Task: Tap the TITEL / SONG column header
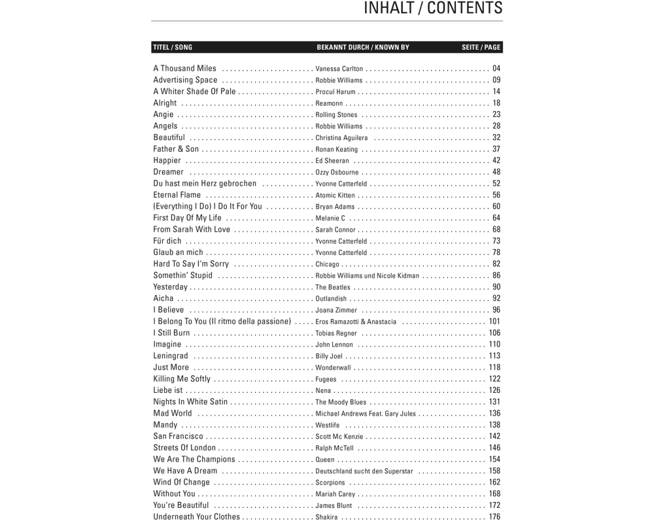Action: click(x=173, y=47)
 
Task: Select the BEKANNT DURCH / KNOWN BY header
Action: click(x=363, y=47)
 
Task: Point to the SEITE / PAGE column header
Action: click(x=481, y=47)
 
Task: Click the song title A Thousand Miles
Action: click(x=184, y=68)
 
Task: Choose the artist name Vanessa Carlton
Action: click(x=339, y=69)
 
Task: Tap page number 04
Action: click(x=496, y=69)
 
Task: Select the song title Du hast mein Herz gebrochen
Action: click(x=205, y=184)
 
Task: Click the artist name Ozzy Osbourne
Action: click(x=337, y=173)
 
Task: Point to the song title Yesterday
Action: click(x=170, y=287)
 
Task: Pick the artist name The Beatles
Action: click(x=333, y=288)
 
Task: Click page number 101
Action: click(x=494, y=322)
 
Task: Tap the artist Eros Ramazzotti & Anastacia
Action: click(x=356, y=322)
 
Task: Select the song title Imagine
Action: click(x=167, y=345)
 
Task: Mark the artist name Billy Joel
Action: click(x=329, y=356)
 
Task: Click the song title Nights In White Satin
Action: click(x=190, y=402)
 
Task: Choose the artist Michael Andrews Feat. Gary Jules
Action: click(x=366, y=414)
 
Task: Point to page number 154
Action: click(x=494, y=460)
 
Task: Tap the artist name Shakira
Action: click(x=326, y=517)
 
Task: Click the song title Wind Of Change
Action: click(x=181, y=482)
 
